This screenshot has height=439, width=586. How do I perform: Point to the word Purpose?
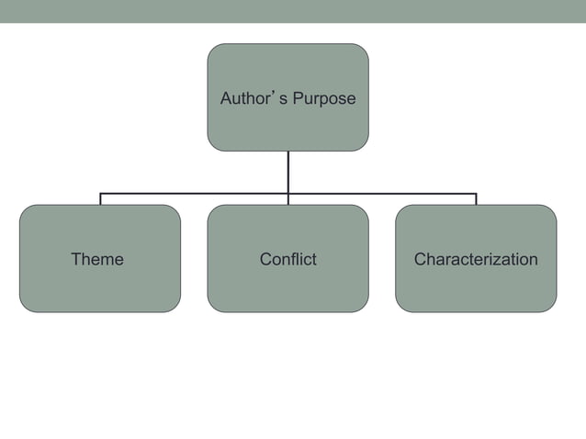tap(324, 98)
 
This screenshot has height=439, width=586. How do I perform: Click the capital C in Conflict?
tap(265, 259)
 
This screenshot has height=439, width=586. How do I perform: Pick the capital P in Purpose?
tap(298, 98)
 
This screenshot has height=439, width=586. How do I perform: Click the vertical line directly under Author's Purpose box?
tap(287, 171)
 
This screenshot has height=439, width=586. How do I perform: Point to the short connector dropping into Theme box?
tap(100, 199)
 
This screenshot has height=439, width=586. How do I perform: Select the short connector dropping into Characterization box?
tap(476, 199)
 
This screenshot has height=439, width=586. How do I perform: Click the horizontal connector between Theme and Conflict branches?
tap(193, 194)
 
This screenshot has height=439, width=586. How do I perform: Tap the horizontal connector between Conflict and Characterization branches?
tap(381, 194)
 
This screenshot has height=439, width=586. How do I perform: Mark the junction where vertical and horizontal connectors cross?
tap(287, 194)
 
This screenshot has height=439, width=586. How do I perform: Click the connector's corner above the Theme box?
tap(100, 194)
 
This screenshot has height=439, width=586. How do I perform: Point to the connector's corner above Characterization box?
tap(476, 194)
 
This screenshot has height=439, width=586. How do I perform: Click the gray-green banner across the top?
tap(293, 11)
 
